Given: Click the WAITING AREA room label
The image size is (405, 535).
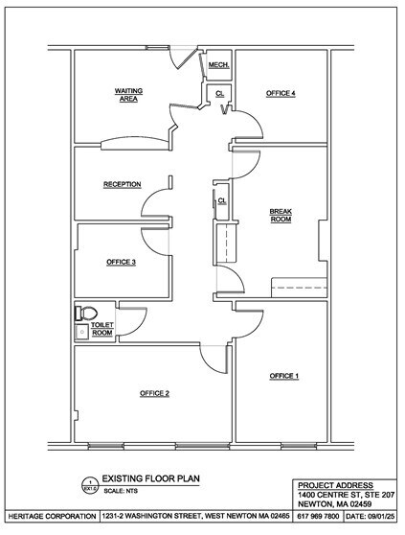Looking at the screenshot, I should pos(129,94).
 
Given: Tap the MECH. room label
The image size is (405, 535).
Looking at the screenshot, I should pos(216,65).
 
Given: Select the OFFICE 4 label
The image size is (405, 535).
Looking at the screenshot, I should pos(281,93).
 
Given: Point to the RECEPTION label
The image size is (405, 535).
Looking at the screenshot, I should pos(123,184).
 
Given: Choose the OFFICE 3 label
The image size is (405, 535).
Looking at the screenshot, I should pos(121,262).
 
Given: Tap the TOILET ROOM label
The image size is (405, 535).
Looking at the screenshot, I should pos(102,329).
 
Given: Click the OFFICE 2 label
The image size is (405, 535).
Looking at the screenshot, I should pos(154,393).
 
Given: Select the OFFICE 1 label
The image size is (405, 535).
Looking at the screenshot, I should pos(283,375).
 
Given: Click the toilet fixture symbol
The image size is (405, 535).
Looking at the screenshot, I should pos(87,312).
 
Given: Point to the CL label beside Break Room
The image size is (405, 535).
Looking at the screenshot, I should pos(222,200).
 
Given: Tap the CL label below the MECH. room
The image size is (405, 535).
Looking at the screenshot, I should pos(219,92).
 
